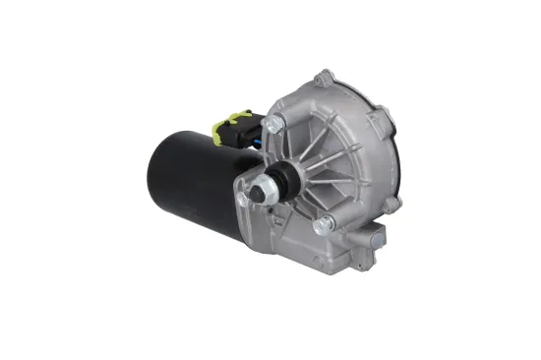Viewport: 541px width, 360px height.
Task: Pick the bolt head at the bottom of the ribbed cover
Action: coord(320,226)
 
